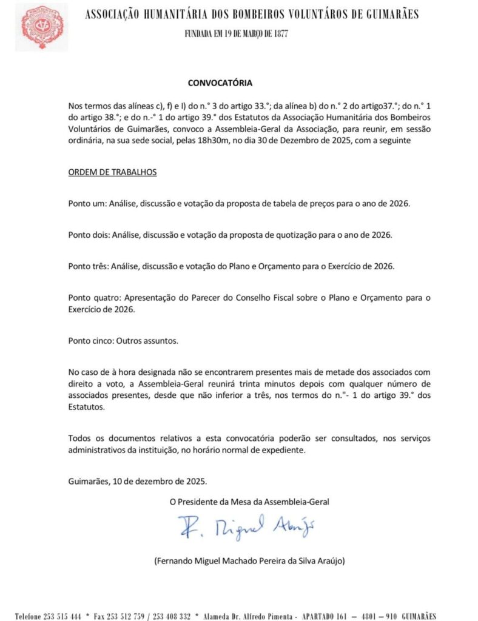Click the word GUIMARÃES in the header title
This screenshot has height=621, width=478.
click(x=389, y=15)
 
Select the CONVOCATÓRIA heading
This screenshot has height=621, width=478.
click(x=220, y=82)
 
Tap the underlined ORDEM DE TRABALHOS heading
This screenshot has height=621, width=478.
click(x=112, y=172)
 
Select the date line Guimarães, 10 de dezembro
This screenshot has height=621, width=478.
click(x=137, y=482)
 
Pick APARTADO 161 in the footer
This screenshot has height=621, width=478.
click(x=326, y=615)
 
